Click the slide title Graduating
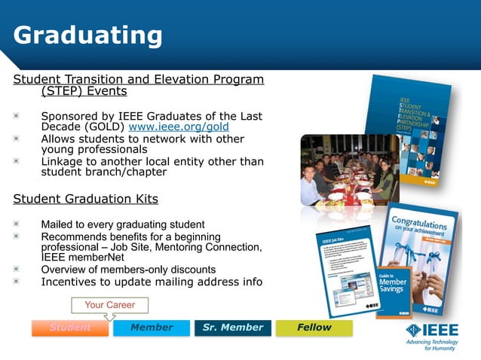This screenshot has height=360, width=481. click(88, 35)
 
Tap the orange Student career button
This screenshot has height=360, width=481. click(70, 328)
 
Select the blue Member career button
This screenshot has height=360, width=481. click(152, 328)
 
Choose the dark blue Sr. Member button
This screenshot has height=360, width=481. click(233, 328)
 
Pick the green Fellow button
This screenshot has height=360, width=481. click(314, 328)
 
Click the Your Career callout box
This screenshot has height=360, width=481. click(109, 305)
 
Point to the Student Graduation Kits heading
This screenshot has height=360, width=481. click(86, 199)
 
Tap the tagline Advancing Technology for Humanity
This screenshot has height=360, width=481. click(430, 345)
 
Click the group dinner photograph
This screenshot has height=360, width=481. click(348, 169)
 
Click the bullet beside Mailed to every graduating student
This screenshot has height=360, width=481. click(17, 224)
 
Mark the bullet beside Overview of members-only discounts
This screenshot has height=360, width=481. click(17, 269)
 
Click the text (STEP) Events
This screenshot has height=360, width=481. click(84, 92)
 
